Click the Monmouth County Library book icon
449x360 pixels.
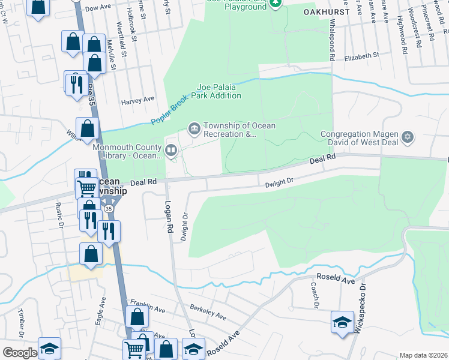pos(171,150)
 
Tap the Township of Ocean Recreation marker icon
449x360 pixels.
pos(194,128)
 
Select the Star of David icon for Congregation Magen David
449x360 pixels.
pos(408,137)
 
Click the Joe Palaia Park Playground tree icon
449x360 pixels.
pos(276,3)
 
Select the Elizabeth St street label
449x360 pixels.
pos(362,56)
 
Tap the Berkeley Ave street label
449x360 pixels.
pos(208,314)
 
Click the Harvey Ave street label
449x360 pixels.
pos(137,100)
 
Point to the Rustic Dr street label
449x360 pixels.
pos(60,216)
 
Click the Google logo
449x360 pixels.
pos(20,353)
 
